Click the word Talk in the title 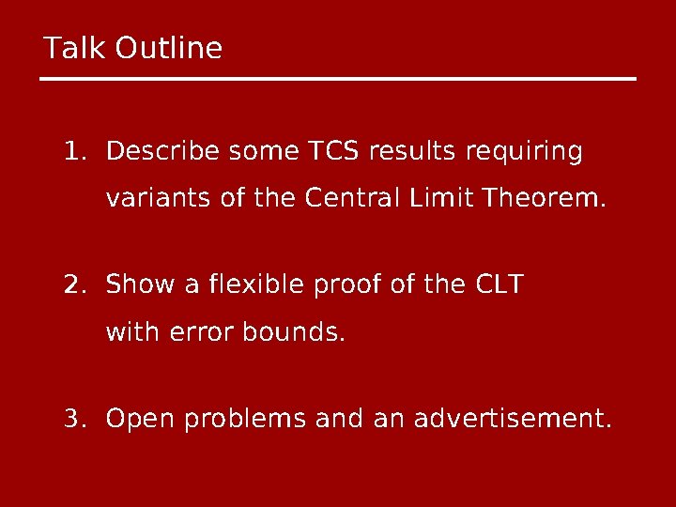[x=76, y=48]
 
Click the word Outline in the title [x=169, y=48]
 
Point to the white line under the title [x=338, y=79]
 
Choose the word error [x=200, y=331]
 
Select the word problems [x=244, y=416]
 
